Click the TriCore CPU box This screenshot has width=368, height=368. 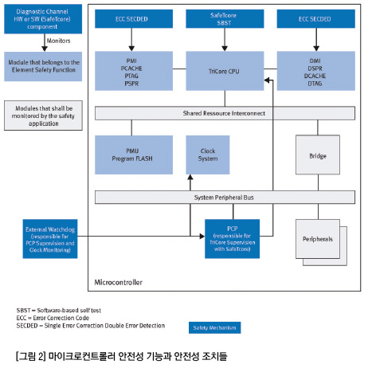[225, 71]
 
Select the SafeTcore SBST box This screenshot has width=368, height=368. [225, 19]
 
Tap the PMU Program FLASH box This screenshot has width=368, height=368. [134, 155]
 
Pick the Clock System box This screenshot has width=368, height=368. [208, 155]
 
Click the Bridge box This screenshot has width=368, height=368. [318, 155]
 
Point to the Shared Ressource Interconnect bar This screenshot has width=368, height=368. [225, 113]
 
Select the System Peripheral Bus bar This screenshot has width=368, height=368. [225, 198]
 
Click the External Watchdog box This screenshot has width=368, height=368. [50, 239]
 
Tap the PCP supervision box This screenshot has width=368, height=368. [232, 239]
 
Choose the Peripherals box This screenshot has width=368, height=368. [318, 239]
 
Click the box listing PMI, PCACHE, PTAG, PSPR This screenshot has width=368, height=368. [134, 71]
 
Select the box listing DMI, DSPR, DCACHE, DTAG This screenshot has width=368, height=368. [316, 71]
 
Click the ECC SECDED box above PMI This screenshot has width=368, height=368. [134, 19]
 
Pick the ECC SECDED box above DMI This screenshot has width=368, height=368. [316, 19]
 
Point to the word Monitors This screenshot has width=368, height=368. [58, 41]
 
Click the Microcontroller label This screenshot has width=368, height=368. [119, 282]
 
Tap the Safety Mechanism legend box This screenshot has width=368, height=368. [215, 327]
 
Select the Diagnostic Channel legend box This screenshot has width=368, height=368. [43, 19]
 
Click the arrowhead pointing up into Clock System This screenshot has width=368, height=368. [190, 178]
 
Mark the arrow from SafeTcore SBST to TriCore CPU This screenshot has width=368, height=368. [225, 40]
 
